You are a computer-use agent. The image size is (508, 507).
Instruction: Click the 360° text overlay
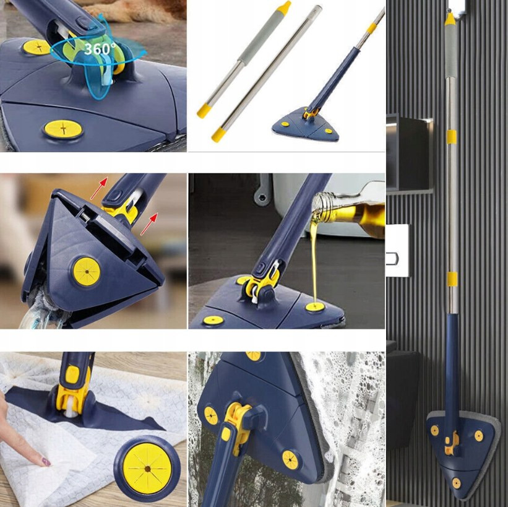[x=100, y=49]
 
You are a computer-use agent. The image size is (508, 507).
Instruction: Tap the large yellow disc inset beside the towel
[x=147, y=468]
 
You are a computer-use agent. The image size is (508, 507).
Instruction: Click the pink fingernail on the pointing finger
[x=46, y=461]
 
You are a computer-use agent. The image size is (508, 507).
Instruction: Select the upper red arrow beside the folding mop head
[x=99, y=188]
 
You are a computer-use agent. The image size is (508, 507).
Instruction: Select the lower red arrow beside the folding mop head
[x=149, y=223]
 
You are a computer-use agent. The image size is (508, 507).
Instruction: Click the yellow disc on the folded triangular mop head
[x=87, y=272]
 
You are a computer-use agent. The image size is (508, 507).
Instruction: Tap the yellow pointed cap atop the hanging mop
[x=450, y=19]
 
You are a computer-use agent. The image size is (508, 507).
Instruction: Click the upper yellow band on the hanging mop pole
[x=450, y=137]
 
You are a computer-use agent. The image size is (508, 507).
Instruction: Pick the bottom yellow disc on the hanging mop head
[x=456, y=483]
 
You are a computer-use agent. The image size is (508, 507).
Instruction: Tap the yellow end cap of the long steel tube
[x=218, y=134]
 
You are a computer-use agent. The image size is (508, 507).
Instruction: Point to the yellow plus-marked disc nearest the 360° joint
[x=37, y=47]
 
